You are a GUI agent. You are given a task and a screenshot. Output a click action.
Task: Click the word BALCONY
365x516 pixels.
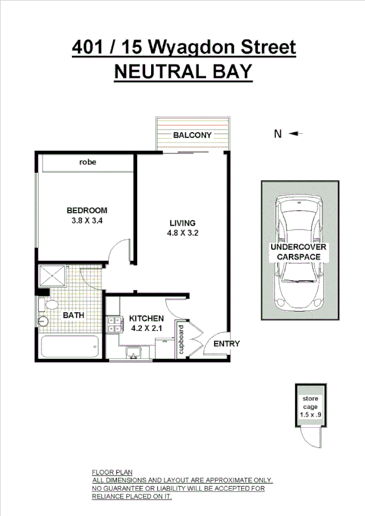(x=192, y=135)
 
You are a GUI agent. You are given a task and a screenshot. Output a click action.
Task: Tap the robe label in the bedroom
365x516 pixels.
(x=88, y=162)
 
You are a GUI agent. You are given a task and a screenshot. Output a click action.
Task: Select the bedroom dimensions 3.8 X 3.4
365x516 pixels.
(x=86, y=221)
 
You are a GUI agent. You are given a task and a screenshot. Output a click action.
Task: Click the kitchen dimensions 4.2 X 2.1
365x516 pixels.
(x=146, y=329)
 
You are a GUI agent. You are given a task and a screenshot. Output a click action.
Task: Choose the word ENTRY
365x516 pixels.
(x=226, y=344)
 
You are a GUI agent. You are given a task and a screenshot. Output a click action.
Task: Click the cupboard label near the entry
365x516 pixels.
(x=181, y=340)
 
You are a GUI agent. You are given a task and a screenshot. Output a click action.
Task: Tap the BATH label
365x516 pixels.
(x=74, y=316)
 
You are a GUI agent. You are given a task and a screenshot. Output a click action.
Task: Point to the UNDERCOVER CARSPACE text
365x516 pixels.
(x=299, y=252)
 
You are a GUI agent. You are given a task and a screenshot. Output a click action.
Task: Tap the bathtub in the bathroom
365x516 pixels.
(x=68, y=348)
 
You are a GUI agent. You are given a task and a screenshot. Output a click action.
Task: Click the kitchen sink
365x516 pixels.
(x=134, y=352)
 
